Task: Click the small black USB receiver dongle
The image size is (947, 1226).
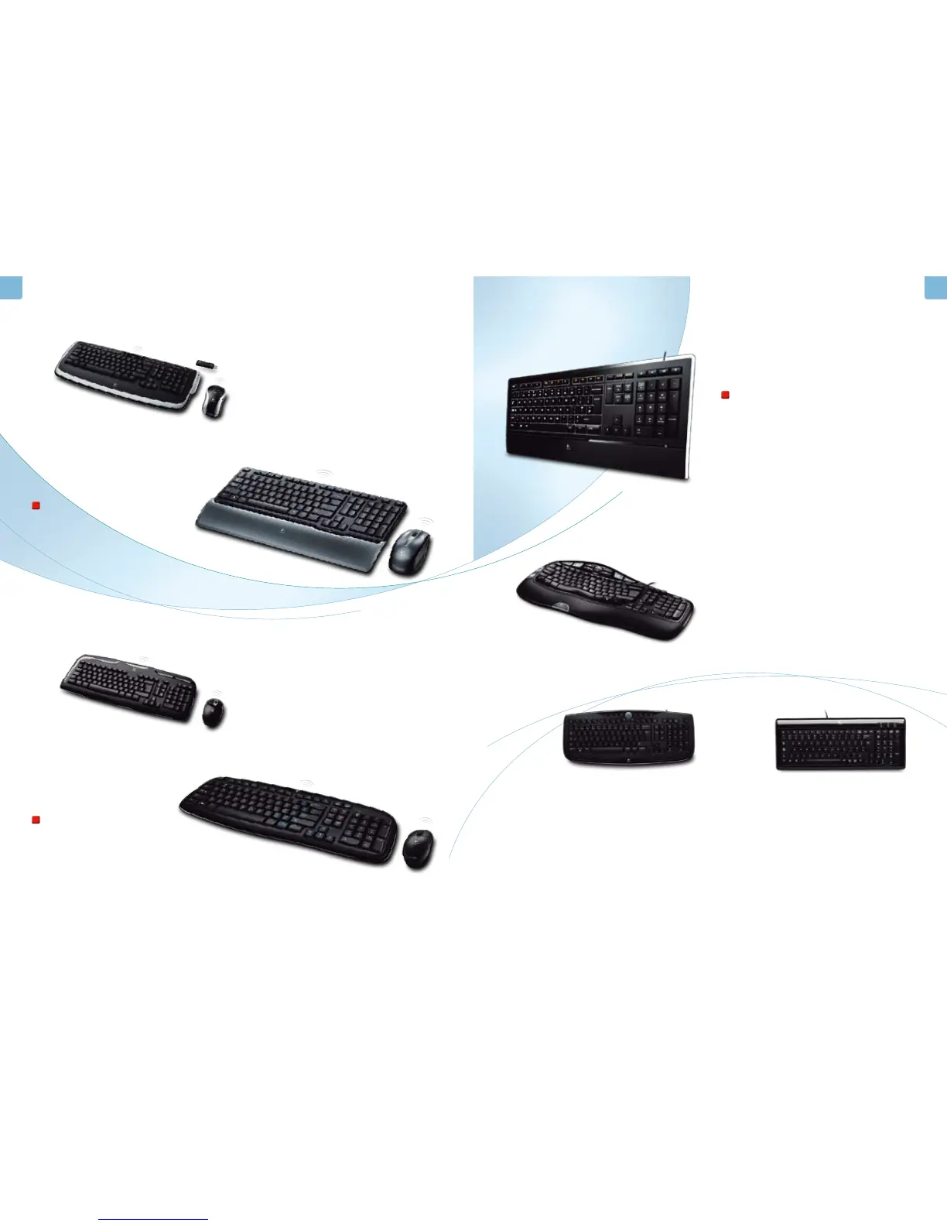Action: click(207, 364)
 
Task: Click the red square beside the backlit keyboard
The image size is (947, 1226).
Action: click(725, 396)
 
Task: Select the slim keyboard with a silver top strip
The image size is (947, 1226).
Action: click(840, 744)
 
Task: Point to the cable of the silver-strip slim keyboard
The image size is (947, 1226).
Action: click(828, 714)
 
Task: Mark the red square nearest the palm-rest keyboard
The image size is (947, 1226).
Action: click(35, 505)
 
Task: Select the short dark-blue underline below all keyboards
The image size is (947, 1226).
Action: click(152, 1219)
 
